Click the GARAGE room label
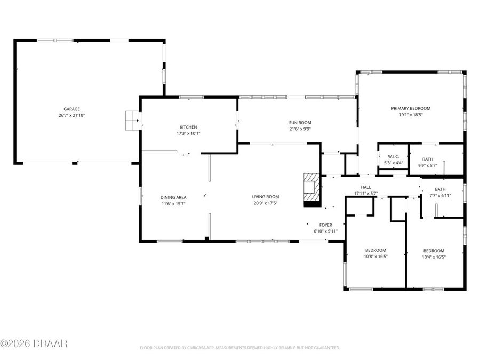pyautogui.click(x=72, y=108)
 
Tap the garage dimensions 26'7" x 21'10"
pyautogui.click(x=72, y=115)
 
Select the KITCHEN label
pyautogui.click(x=188, y=127)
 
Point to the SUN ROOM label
pyautogui.click(x=300, y=122)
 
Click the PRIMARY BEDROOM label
pyautogui.click(x=410, y=108)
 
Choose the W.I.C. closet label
pyautogui.click(x=393, y=156)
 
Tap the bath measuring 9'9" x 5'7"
pyautogui.click(x=428, y=162)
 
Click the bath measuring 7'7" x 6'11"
pyautogui.click(x=440, y=192)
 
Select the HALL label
pyautogui.click(x=365, y=187)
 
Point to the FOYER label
pyautogui.click(x=325, y=225)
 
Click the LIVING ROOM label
pyautogui.click(x=266, y=197)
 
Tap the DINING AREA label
pyautogui.click(x=173, y=197)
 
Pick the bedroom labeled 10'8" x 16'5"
pyautogui.click(x=375, y=253)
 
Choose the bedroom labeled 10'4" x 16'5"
pyautogui.click(x=434, y=253)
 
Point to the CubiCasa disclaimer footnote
pyautogui.click(x=239, y=348)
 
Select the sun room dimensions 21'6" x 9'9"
pyautogui.click(x=300, y=129)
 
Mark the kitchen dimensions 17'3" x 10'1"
pyautogui.click(x=188, y=133)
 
